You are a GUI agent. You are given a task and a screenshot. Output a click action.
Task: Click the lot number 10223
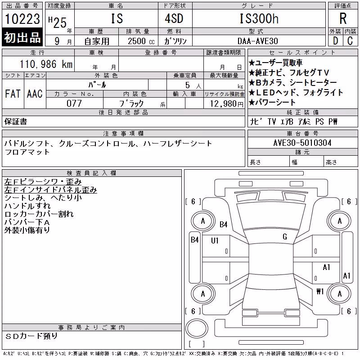click(22, 19)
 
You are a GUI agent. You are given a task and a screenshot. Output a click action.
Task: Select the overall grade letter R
click(343, 18)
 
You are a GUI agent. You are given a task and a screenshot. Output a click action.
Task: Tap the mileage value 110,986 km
click(46, 64)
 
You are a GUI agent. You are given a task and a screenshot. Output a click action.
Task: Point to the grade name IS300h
click(259, 18)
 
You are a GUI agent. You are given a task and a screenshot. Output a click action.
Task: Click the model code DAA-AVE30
click(258, 41)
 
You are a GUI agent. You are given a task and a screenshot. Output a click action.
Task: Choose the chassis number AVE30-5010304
click(302, 143)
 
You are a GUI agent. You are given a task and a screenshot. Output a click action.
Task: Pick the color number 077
click(74, 103)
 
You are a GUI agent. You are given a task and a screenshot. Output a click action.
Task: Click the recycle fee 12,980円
click(227, 104)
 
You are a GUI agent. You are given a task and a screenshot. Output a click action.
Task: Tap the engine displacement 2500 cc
click(141, 41)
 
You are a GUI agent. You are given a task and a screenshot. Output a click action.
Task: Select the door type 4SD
click(174, 18)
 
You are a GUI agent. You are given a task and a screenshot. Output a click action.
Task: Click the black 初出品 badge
click(22, 37)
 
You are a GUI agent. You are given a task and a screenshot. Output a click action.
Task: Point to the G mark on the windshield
click(285, 237)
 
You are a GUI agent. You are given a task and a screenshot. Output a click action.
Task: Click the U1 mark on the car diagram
click(215, 241)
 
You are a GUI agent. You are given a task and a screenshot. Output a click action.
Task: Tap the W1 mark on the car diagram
click(320, 292)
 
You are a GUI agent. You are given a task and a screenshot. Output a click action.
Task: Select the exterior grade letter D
click(335, 41)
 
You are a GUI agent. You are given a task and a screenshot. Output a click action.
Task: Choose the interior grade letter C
click(350, 41)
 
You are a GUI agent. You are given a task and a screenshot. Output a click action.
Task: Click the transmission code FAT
click(13, 94)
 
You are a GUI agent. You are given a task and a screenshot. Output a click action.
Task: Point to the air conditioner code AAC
click(35, 94)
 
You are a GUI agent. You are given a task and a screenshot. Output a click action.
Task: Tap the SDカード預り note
click(31, 336)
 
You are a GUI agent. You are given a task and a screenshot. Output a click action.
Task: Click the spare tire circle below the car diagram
click(197, 328)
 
